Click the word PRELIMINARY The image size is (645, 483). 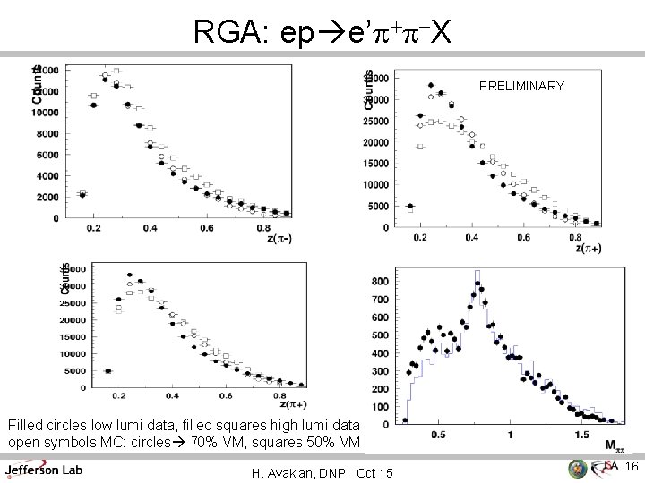pyautogui.click(x=521, y=87)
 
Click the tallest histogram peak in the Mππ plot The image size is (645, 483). pyautogui.click(x=477, y=271)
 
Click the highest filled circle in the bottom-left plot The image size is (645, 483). pyautogui.click(x=130, y=275)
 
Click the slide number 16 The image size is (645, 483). pyautogui.click(x=630, y=467)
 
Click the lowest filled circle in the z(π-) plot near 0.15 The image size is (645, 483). pyautogui.click(x=82, y=195)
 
